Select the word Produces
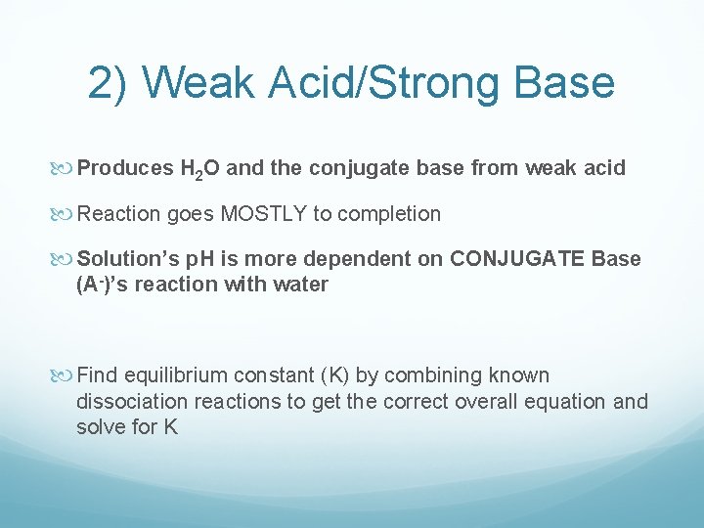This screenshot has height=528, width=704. pyautogui.click(x=124, y=168)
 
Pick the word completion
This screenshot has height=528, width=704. pyautogui.click(x=388, y=213)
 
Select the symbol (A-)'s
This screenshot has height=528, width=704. pyautogui.click(x=106, y=285)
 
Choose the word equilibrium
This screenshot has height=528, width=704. pyautogui.click(x=169, y=375)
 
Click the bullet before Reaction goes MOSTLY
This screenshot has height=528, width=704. pyautogui.click(x=66, y=213)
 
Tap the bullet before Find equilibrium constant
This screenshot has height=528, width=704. pyautogui.click(x=66, y=375)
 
